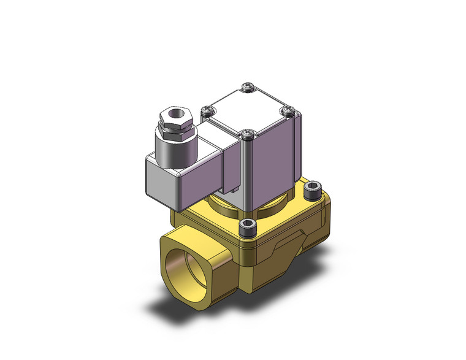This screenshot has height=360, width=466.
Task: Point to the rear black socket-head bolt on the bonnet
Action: (311, 188)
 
